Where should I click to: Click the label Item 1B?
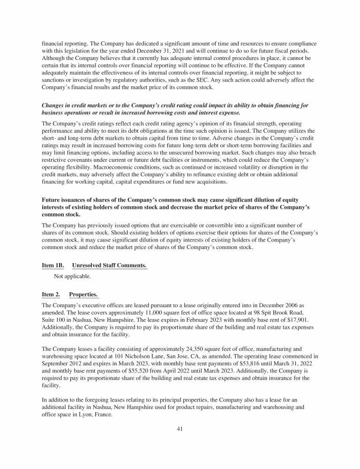coord(52,265)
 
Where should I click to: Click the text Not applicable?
coord(73,277)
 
